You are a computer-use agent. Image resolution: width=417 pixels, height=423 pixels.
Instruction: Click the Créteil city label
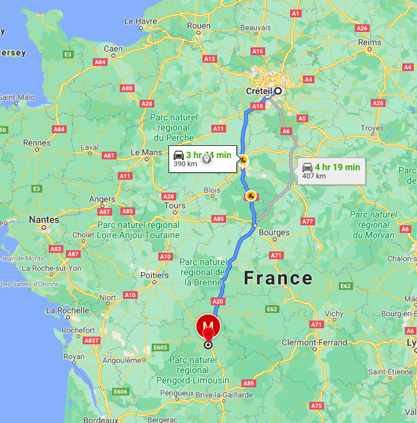[259, 91]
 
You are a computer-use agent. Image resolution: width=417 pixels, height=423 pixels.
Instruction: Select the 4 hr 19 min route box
[331, 171]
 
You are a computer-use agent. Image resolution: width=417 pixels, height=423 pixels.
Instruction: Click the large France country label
[277, 278]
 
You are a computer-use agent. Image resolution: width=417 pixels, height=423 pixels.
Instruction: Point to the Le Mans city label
[147, 152]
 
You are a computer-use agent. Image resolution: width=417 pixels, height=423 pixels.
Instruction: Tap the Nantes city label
[44, 219]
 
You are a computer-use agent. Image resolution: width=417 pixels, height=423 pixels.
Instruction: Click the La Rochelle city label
[67, 310]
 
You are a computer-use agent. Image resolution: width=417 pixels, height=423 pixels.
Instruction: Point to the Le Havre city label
[140, 21]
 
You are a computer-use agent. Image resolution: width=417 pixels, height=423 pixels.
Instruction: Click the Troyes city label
[372, 129]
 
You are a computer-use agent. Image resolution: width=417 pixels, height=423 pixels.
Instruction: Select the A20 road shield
[218, 301]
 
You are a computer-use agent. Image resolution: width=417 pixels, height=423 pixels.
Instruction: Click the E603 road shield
[161, 347]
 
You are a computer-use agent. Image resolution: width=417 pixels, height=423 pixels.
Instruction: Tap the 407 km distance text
[314, 176]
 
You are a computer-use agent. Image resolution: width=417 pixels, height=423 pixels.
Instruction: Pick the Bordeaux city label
[100, 420]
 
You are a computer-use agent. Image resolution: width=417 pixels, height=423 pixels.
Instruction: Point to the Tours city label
[175, 205]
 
